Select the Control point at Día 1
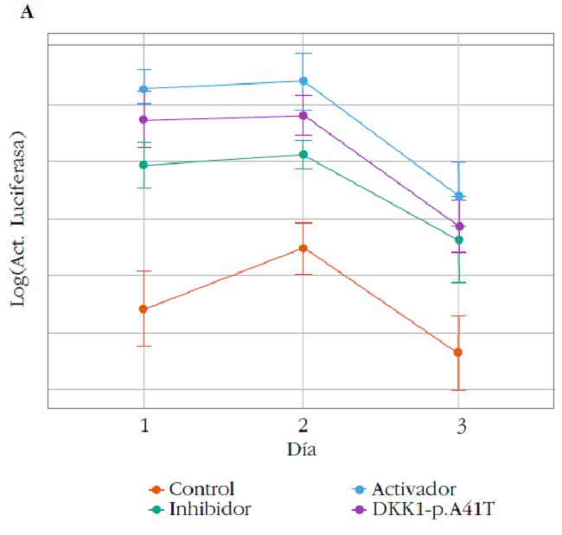144,309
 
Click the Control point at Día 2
303,248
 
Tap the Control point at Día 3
458,352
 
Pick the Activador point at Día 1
144,88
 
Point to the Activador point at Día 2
303,80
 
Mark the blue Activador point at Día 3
458,195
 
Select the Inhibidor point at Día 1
144,165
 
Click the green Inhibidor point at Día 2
303,155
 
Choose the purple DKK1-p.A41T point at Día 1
144,120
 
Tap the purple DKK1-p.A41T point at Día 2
303,116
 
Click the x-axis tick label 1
144,425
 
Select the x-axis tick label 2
303,425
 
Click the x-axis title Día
303,450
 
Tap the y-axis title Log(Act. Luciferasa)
16,218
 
